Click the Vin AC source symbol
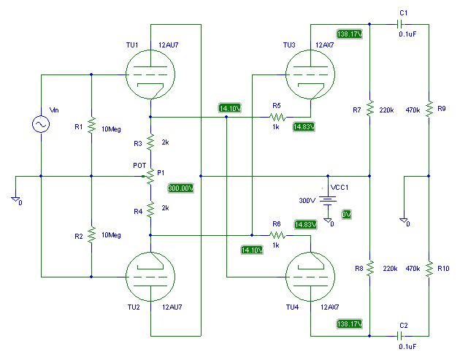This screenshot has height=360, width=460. (41, 124)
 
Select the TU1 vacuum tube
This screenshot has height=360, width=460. (150, 74)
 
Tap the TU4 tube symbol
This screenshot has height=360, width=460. (310, 277)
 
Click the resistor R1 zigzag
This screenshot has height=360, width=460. (91, 125)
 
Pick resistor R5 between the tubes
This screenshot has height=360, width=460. (277, 117)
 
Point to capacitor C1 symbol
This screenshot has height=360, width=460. (400, 24)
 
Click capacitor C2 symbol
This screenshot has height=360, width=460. (400, 335)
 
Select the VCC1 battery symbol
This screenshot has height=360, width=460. (328, 200)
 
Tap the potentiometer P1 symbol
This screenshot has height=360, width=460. (150, 176)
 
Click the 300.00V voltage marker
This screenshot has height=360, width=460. (181, 188)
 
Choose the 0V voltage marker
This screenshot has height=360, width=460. (347, 215)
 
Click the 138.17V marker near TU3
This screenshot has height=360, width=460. (350, 34)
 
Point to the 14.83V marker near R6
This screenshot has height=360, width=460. (306, 224)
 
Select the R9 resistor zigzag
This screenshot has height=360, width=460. (429, 108)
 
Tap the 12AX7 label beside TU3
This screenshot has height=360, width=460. (325, 45)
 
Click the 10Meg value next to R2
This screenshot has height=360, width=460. (111, 235)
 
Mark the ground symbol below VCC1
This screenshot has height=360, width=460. (328, 221)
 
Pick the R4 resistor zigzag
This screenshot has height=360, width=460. (150, 209)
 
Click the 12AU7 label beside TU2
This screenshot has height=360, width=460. (172, 307)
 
